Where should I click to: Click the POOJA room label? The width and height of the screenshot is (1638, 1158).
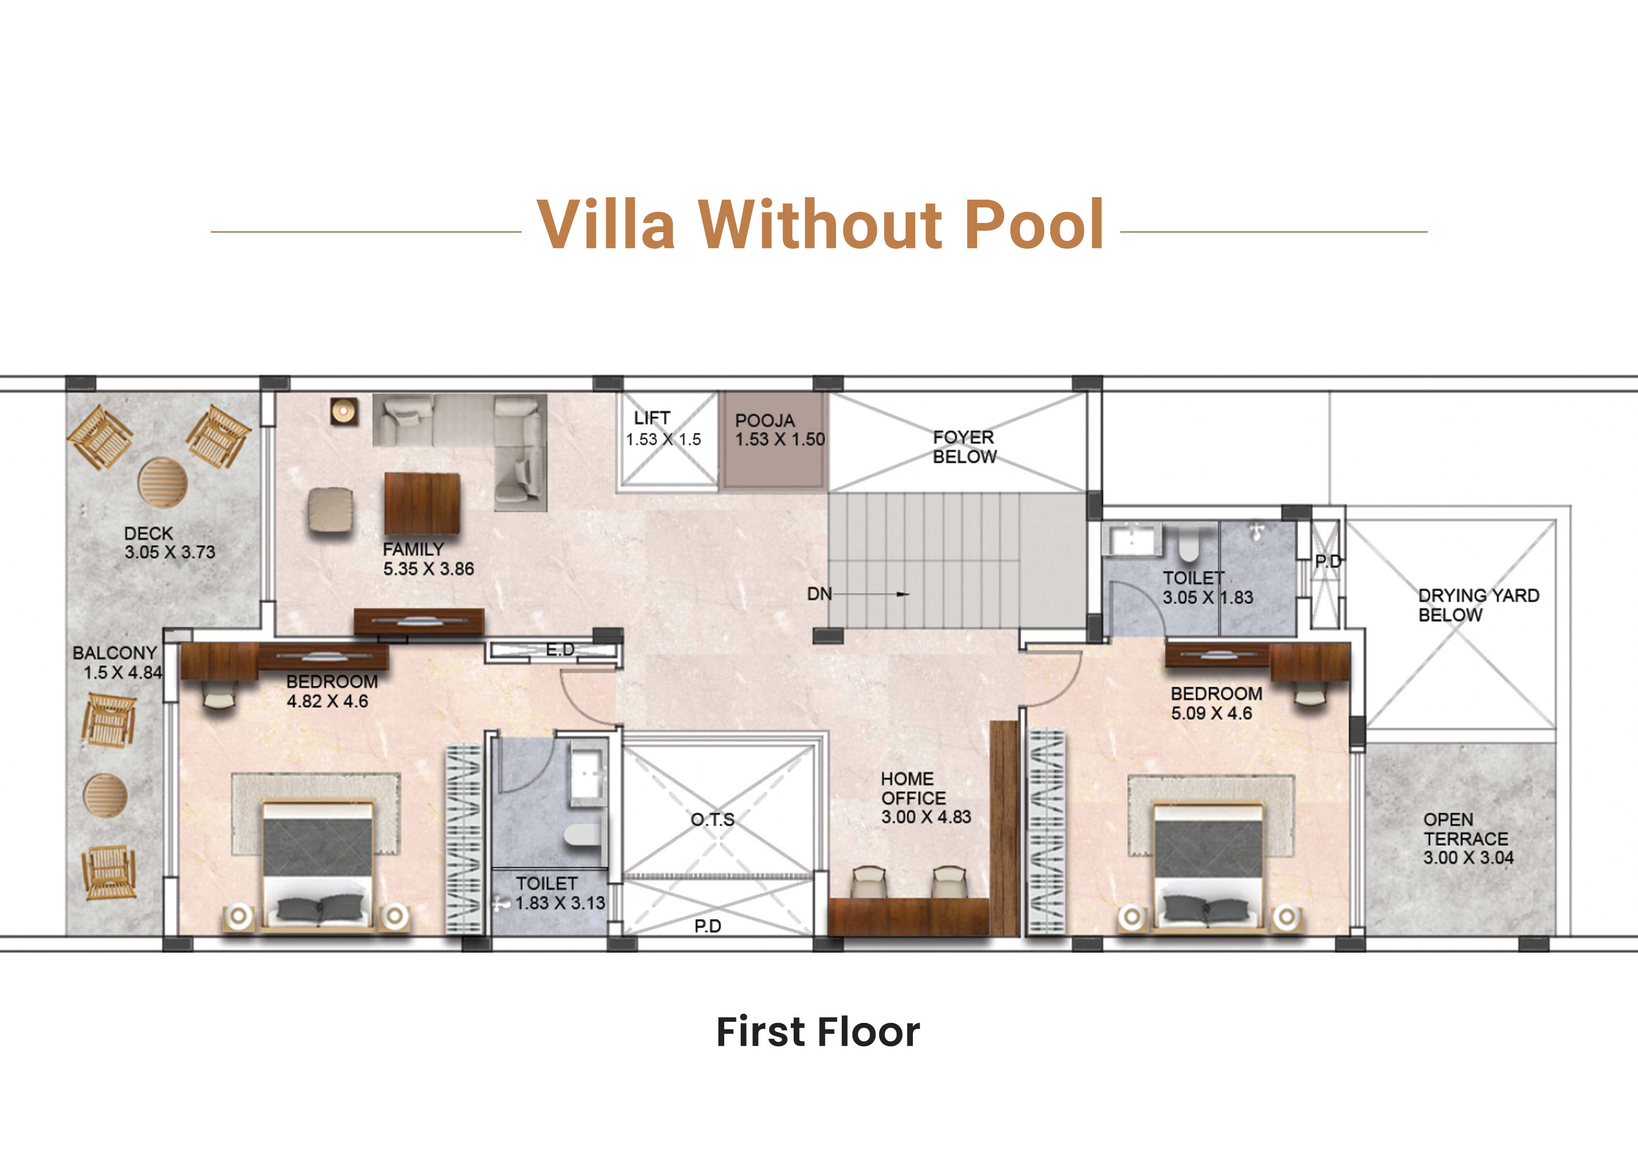point(765,420)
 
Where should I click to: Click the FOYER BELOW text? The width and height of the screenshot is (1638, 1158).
point(964,446)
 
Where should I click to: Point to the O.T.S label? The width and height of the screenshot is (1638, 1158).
point(712,819)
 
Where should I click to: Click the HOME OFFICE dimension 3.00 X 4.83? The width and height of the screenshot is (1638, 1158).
point(926,817)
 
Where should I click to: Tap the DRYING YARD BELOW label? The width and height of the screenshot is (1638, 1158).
point(1478,605)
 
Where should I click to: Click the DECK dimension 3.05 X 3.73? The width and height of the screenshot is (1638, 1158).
point(170,552)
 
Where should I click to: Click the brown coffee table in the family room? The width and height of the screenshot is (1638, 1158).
point(421,503)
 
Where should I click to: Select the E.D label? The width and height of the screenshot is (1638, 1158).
point(560,649)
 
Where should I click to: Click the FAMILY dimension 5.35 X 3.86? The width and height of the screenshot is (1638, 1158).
point(429,569)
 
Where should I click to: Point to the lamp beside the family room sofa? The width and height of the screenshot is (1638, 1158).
point(344,411)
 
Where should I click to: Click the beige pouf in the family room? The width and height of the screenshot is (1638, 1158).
point(331,509)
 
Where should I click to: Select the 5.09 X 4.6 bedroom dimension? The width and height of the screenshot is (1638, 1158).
point(1211,713)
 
